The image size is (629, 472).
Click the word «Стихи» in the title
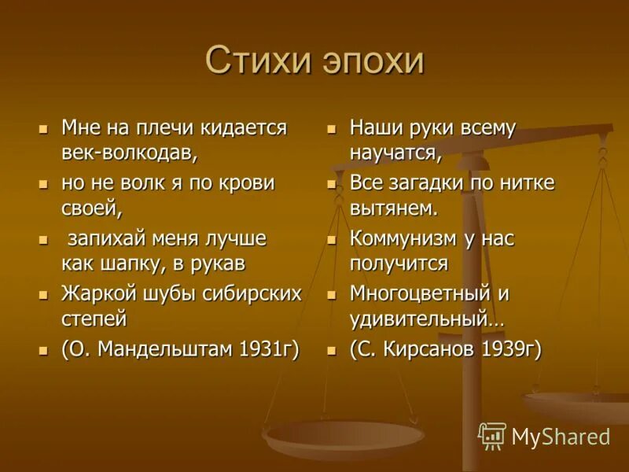click(257, 61)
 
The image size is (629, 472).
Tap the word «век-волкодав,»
click(130, 150)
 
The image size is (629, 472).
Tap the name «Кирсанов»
click(430, 350)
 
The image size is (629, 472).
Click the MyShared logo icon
click(492, 436)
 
